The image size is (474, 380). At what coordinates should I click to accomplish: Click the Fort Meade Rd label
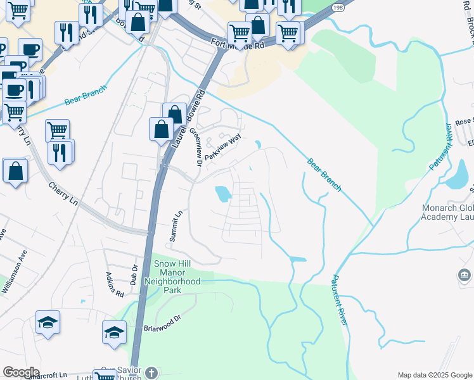[x=238, y=45]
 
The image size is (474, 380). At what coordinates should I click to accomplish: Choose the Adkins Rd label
[x=115, y=285]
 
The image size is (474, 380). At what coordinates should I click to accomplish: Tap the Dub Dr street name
[x=134, y=274]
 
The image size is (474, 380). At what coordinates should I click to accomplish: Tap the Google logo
[x=22, y=372]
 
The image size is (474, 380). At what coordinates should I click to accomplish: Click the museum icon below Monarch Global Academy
[x=464, y=275]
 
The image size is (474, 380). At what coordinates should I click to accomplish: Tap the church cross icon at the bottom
[x=151, y=372]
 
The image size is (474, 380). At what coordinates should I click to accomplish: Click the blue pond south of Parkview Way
[x=222, y=193]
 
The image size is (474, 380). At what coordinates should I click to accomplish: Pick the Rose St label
[x=464, y=121]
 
